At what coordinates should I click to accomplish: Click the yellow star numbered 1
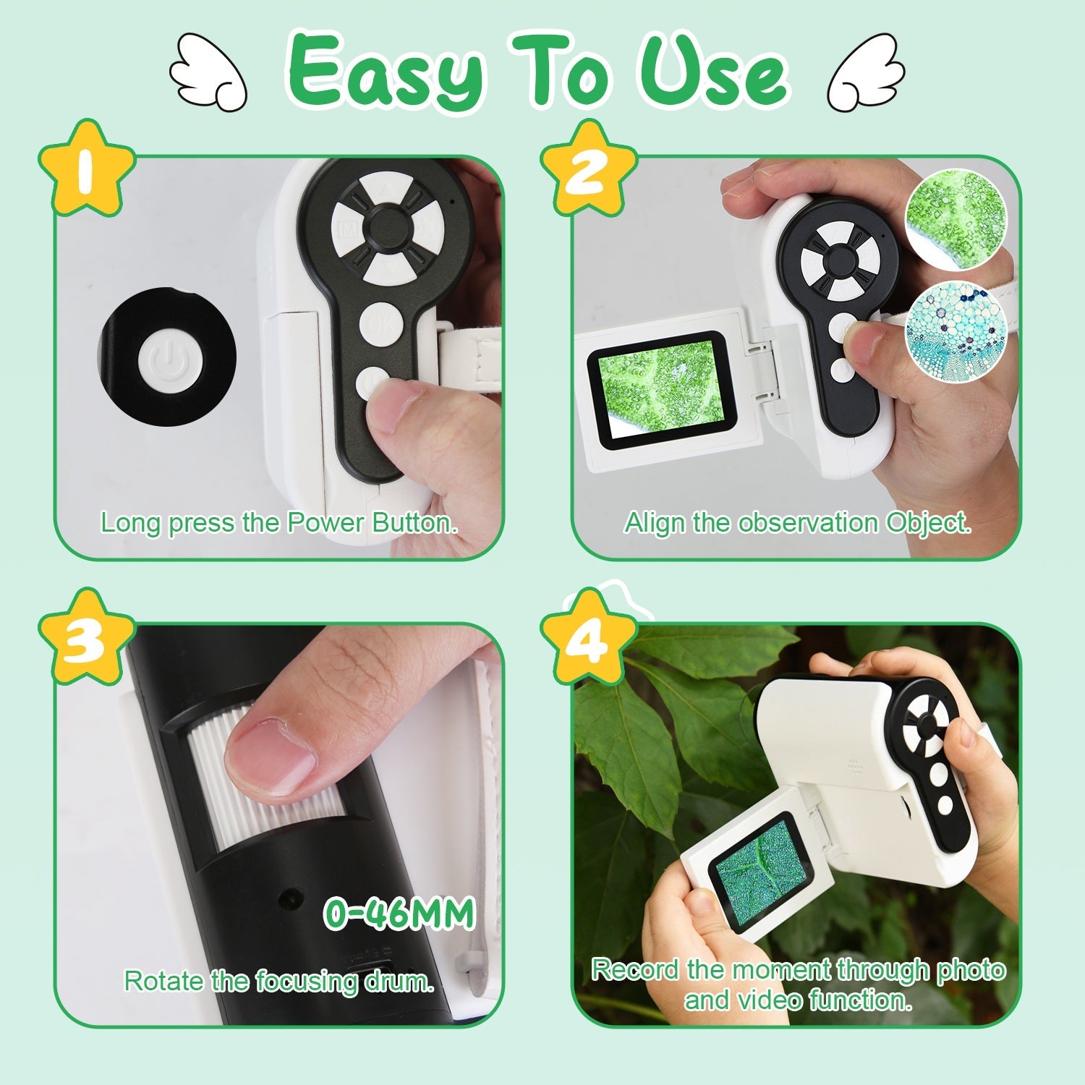pyautogui.click(x=86, y=169)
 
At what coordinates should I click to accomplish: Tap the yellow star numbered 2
pyautogui.click(x=588, y=169)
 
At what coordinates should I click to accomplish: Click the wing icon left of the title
pyautogui.click(x=208, y=73)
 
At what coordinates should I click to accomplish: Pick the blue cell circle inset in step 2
pyautogui.click(x=956, y=330)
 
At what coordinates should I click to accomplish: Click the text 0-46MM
pyautogui.click(x=399, y=913)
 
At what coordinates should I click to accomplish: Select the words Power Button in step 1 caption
pyautogui.click(x=372, y=522)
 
